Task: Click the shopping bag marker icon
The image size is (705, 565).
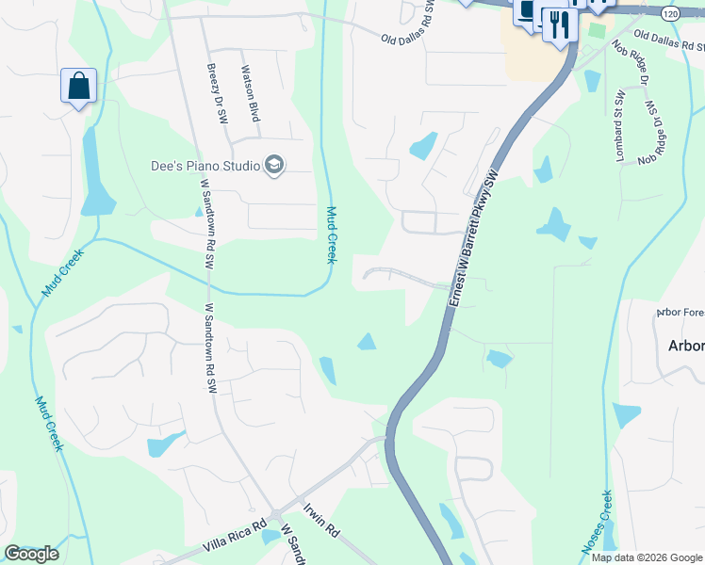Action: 79,86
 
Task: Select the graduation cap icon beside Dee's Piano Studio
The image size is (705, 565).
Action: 274,166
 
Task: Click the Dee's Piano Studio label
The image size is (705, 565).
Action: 205,166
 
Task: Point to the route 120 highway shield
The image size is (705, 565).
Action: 669,14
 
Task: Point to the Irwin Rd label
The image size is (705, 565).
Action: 320,519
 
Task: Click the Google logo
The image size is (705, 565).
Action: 31,553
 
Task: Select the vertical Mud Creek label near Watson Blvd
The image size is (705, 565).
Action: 331,234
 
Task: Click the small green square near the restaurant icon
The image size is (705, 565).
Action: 596,31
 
